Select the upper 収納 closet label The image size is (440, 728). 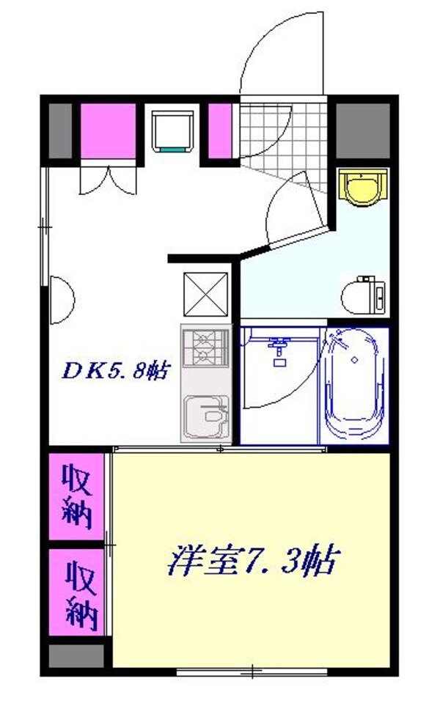(x=76, y=496)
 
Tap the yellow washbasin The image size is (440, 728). (x=362, y=188)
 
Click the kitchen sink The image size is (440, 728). (x=206, y=419)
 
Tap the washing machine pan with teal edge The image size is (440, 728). (x=173, y=130)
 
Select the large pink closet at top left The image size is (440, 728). (x=108, y=130)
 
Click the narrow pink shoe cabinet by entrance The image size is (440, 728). (x=220, y=130)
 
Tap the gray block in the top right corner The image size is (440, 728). (x=362, y=130)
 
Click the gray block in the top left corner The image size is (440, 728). (x=61, y=130)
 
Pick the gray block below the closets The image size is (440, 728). (x=76, y=654)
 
